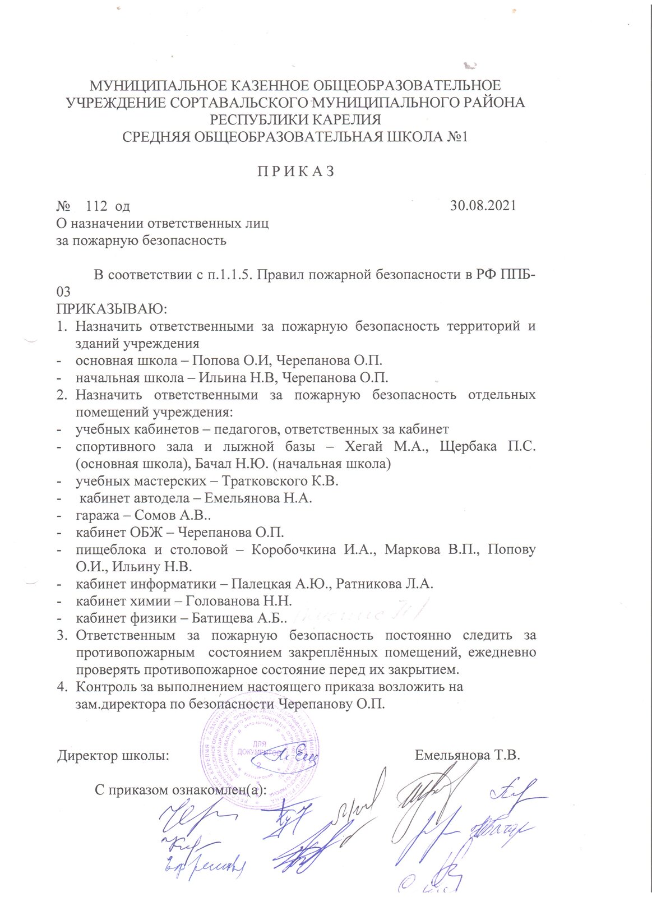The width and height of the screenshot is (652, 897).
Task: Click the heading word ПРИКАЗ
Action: point(295,172)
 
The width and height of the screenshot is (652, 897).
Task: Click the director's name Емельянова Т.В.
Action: point(468,755)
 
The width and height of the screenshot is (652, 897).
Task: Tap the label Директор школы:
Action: point(113,756)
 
